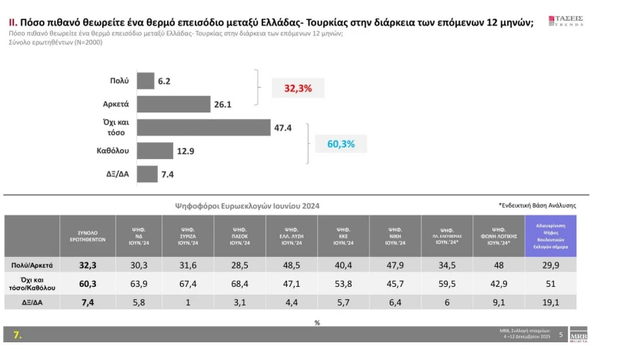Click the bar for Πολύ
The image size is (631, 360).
point(145,80)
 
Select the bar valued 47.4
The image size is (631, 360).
point(203,128)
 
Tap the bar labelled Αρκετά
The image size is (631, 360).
point(173,104)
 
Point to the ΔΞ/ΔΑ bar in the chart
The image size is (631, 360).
point(147,175)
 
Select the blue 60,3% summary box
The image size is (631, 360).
point(341,144)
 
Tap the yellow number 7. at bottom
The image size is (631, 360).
point(17,335)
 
